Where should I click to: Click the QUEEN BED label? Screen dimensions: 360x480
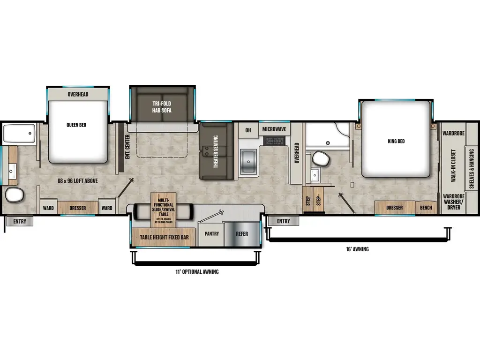tap(76, 125)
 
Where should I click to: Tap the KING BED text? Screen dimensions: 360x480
tap(396, 141)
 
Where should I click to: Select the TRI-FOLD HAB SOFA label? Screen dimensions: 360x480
tap(161, 107)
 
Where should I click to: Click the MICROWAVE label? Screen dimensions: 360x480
tap(274, 129)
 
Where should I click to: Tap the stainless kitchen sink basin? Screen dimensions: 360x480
tap(248, 161)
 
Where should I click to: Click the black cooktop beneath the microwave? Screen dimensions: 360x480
tap(274, 141)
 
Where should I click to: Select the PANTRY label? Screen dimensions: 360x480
tap(211, 233)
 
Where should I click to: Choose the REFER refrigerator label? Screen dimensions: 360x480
tap(242, 233)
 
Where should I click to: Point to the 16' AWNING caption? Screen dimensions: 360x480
tap(357, 249)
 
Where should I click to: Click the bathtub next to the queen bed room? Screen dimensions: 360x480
tap(19, 134)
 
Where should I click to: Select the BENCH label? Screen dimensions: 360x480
tap(426, 208)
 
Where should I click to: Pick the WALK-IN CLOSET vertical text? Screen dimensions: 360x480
tap(453, 166)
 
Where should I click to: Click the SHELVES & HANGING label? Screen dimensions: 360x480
tap(472, 166)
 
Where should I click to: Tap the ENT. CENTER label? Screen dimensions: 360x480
tap(127, 146)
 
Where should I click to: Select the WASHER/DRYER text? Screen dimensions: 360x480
tap(453, 204)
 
